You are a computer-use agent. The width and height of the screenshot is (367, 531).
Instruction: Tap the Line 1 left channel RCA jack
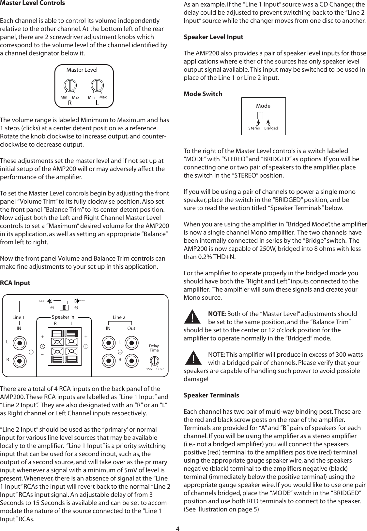(20, 343)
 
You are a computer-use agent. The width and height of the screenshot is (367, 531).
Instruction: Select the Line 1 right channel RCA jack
(20, 361)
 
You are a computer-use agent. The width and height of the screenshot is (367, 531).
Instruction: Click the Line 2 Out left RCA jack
(131, 343)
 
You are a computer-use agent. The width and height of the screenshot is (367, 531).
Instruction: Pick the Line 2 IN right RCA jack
(108, 361)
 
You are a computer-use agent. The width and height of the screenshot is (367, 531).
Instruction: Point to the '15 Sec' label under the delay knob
(160, 369)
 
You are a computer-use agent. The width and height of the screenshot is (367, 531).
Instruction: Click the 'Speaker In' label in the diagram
(63, 317)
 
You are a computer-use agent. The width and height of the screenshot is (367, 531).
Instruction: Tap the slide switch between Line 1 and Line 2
(64, 308)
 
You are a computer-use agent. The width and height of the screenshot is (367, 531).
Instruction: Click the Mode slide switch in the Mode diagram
(263, 116)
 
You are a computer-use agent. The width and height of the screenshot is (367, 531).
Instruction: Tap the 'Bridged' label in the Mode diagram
(271, 128)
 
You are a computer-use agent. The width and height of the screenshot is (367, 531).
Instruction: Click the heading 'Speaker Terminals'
(211, 395)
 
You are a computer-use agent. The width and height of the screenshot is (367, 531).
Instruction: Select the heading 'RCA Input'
(15, 283)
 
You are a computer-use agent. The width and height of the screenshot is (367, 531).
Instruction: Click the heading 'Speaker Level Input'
(213, 37)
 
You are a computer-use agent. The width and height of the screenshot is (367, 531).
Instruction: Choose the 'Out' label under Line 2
(131, 328)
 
